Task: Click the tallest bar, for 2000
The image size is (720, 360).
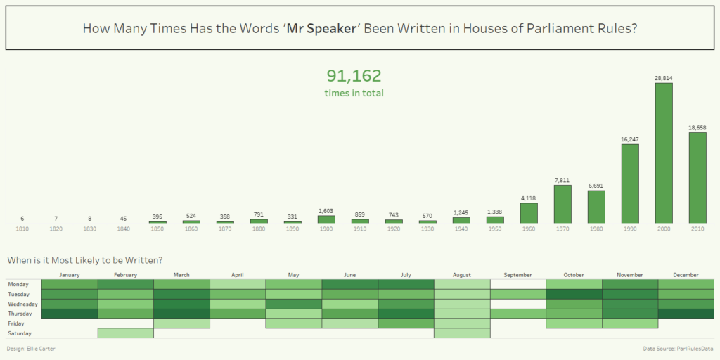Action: [x=664, y=153]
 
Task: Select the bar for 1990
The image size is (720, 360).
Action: [x=630, y=183]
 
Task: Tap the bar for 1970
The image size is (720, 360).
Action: [x=562, y=204]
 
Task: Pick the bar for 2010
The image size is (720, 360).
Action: [x=697, y=177]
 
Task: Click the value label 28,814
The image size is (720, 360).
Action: [x=664, y=78]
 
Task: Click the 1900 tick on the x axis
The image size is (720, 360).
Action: [x=326, y=229]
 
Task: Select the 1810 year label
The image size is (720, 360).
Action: [x=22, y=229]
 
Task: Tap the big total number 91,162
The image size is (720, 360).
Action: [x=354, y=76]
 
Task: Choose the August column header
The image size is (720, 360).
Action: [x=462, y=275]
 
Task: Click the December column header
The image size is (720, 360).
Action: [x=686, y=275]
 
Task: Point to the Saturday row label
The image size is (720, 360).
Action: [x=19, y=333]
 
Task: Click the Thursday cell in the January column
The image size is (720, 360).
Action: [x=70, y=314]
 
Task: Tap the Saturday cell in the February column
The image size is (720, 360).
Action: [x=125, y=333]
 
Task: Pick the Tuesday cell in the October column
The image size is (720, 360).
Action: [x=574, y=294]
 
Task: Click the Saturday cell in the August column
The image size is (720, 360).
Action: [x=462, y=333]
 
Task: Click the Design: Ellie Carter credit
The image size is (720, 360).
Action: [x=32, y=349]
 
